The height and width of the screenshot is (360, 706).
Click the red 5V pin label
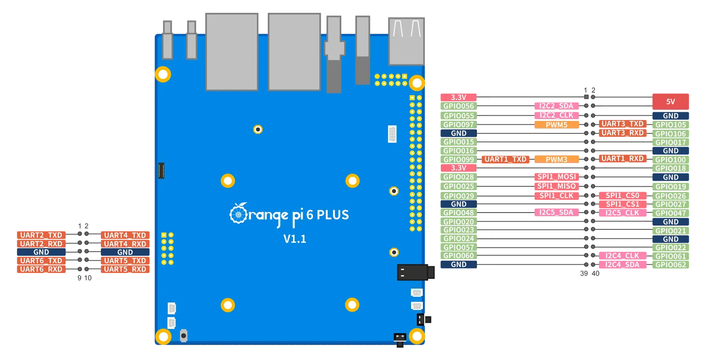click(x=671, y=102)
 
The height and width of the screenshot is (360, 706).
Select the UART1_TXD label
click(x=505, y=159)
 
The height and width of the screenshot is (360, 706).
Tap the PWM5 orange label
click(x=557, y=125)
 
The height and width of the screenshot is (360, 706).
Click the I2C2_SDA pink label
click(x=556, y=106)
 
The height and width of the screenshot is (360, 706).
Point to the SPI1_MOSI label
click(x=556, y=177)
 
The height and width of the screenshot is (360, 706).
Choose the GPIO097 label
click(x=459, y=125)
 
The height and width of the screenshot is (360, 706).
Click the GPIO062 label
click(x=671, y=265)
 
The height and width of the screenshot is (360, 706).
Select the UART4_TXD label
click(x=125, y=235)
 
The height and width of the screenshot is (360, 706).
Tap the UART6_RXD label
click(x=41, y=269)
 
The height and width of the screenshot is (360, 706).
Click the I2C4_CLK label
click(x=622, y=256)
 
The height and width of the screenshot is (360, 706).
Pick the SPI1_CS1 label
click(x=622, y=204)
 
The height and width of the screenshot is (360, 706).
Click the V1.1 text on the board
click(x=295, y=239)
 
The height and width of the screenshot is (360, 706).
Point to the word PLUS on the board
click(x=333, y=215)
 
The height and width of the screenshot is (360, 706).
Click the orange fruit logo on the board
click(x=238, y=214)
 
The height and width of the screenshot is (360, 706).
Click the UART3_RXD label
click(x=622, y=133)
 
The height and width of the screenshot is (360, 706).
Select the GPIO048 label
click(x=459, y=213)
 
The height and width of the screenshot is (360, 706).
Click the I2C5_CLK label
click(x=622, y=213)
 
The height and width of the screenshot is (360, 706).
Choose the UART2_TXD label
click(x=41, y=235)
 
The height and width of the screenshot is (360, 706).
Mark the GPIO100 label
click(x=671, y=160)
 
